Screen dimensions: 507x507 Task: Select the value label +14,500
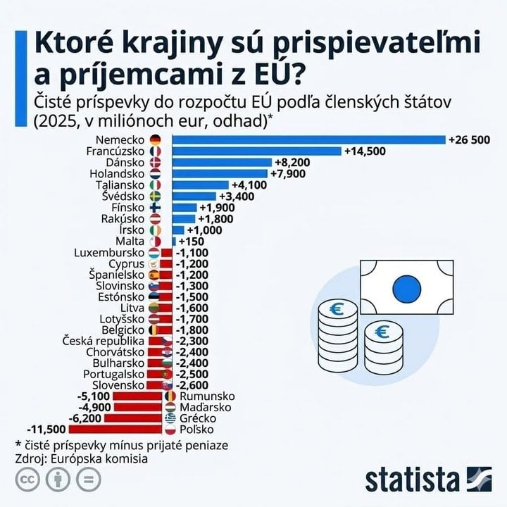365,151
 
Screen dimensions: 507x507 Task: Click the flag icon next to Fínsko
156,208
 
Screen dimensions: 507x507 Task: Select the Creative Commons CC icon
27,480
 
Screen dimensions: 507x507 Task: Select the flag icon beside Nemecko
156,139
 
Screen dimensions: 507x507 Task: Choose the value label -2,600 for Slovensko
192,384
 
